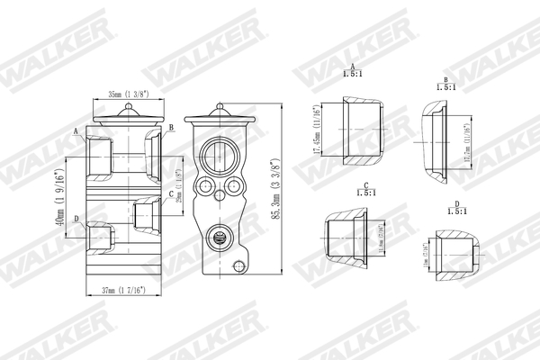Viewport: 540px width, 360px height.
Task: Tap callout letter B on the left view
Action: point(171,130)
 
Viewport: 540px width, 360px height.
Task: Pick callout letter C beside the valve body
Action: point(171,194)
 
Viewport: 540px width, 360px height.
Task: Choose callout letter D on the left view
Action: point(76,219)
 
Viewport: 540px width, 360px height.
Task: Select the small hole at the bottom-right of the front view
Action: point(238,265)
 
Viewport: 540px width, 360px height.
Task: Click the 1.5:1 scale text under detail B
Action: point(445,87)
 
